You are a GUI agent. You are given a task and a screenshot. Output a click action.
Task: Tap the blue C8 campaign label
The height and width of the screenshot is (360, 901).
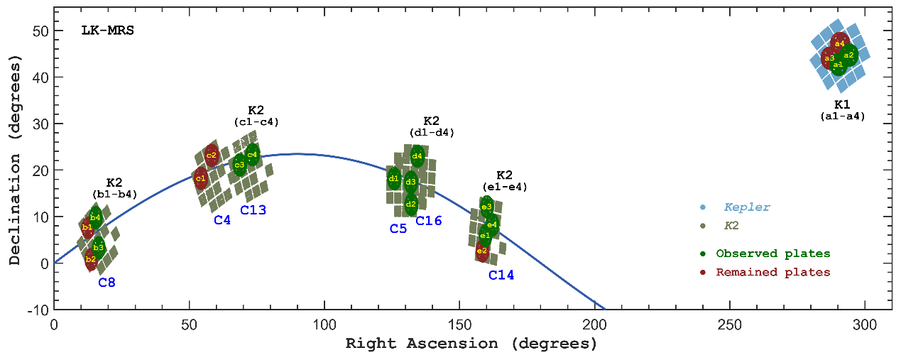(x=107, y=283)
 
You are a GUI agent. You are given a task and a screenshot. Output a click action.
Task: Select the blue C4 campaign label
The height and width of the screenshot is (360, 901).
(x=222, y=221)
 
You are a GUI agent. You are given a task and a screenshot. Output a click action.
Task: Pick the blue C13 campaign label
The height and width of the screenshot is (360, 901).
(x=253, y=210)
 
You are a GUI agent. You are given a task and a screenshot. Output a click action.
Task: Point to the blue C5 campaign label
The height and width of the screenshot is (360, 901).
(x=398, y=229)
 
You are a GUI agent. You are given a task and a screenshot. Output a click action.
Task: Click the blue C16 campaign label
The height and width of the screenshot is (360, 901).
(x=429, y=222)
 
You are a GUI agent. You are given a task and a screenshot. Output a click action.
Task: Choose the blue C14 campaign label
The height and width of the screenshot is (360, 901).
(x=501, y=275)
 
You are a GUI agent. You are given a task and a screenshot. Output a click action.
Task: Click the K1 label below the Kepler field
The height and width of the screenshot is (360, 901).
(x=842, y=104)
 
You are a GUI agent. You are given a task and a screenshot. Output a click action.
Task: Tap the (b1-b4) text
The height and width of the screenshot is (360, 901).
(x=114, y=194)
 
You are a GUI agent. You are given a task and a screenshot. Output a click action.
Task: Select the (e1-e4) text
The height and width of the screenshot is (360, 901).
(x=505, y=187)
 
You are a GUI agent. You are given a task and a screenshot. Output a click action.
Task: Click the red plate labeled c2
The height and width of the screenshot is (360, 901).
(x=211, y=156)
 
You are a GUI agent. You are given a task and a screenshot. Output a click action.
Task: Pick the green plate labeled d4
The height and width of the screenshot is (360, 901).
(x=417, y=156)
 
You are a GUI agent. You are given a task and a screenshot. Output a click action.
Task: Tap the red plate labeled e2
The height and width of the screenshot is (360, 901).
(x=482, y=251)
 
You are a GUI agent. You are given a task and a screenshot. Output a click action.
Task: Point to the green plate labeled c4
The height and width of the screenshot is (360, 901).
(x=252, y=154)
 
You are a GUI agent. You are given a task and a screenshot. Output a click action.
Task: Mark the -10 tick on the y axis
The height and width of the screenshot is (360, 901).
(x=38, y=310)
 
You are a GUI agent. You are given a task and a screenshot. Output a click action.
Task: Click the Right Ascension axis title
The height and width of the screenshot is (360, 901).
(x=471, y=344)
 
